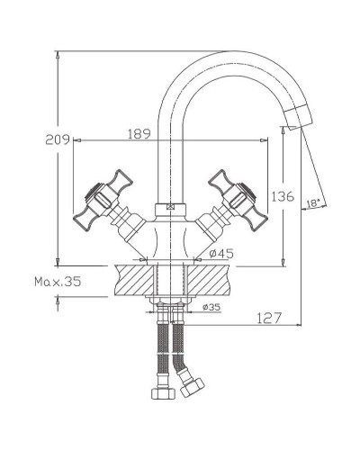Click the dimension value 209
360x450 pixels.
(x=58, y=139)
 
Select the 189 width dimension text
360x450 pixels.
(x=138, y=134)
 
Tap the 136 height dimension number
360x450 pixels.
(x=282, y=196)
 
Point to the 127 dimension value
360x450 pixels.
(x=269, y=318)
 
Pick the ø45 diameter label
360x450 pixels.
(x=220, y=254)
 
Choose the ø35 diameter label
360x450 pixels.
(x=211, y=308)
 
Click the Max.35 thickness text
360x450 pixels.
(x=58, y=282)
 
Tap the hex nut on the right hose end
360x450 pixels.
(x=192, y=389)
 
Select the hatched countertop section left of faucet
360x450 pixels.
(x=134, y=280)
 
